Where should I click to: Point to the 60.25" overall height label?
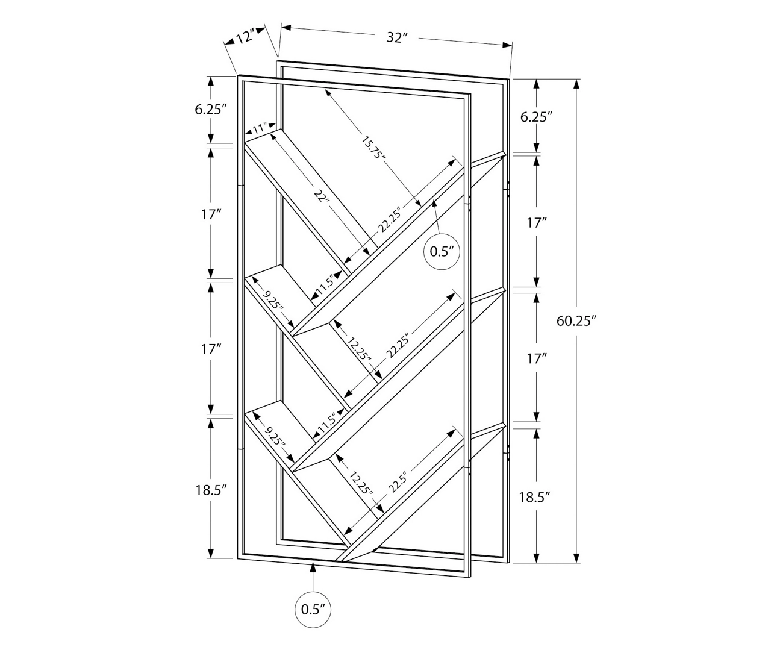[x=576, y=320]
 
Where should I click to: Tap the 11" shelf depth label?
[x=259, y=128]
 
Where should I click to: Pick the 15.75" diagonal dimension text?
[x=373, y=147]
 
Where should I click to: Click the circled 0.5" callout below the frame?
[x=313, y=609]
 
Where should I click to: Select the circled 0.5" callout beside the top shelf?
[x=442, y=251]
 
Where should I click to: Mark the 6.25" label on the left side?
[x=210, y=109]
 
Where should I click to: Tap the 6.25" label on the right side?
[x=536, y=117]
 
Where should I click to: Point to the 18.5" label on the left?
[x=210, y=489]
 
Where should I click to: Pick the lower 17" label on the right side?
[x=536, y=358]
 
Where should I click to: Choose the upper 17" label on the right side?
[x=536, y=223]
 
